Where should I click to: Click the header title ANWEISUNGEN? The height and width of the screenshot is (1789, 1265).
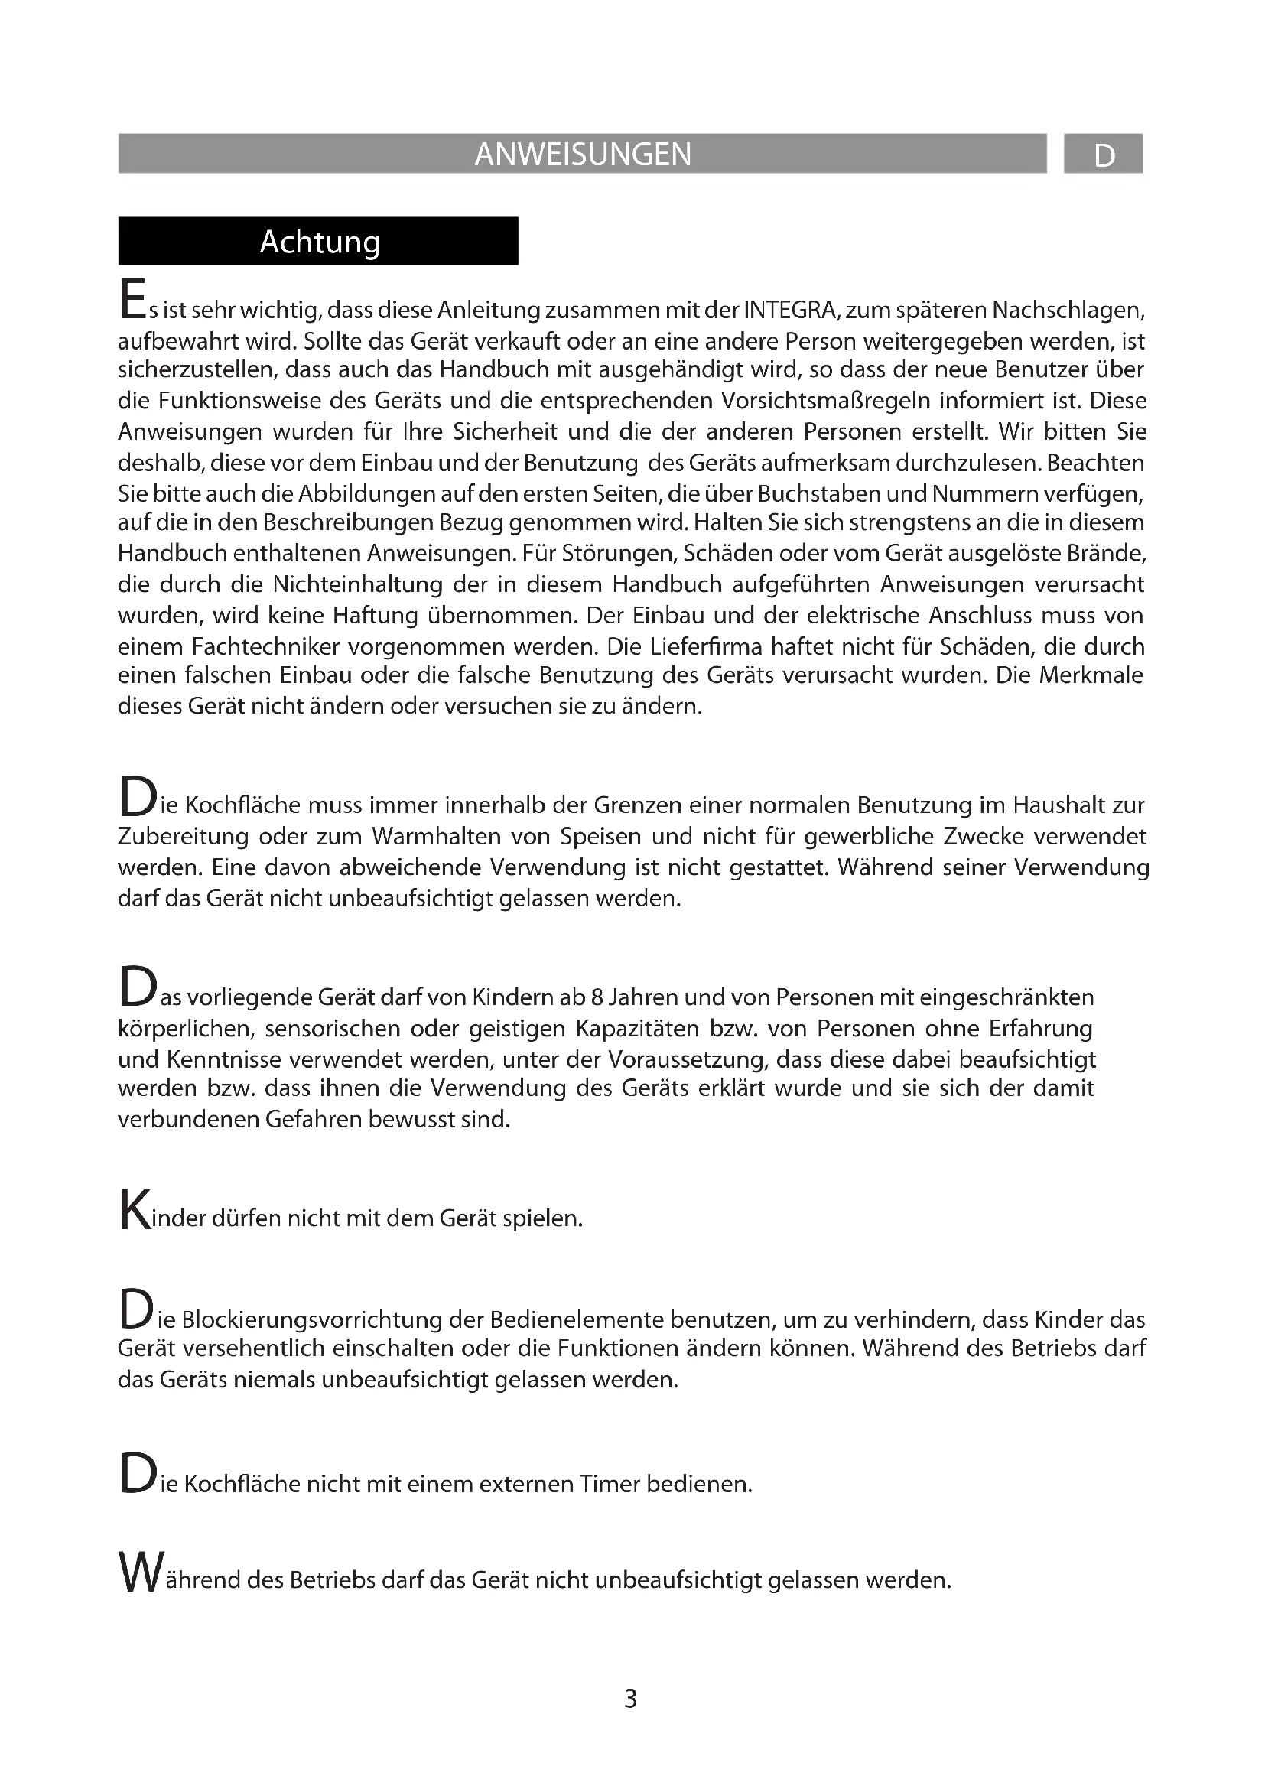pos(583,155)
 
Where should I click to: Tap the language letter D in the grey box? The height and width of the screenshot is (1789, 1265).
pos(1104,156)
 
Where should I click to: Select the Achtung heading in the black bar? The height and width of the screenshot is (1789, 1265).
pos(320,242)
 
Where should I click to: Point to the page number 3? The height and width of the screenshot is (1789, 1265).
pos(631,1699)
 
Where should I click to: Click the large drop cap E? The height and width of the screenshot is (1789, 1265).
pos(132,300)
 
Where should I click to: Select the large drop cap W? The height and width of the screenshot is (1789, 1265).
pos(139,1573)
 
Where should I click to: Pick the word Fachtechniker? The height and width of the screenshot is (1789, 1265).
pos(265,647)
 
